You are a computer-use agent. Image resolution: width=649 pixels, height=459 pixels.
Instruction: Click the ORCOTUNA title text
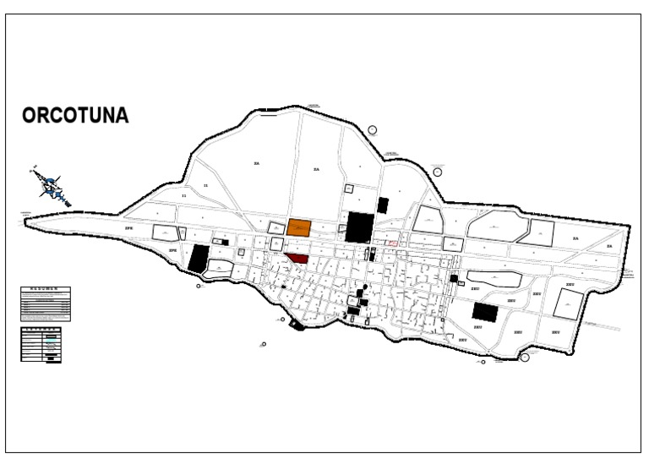tap(76, 117)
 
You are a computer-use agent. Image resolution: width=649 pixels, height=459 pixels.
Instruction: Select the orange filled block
tap(298, 227)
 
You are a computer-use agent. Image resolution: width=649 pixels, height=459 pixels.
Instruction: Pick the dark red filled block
tap(297, 259)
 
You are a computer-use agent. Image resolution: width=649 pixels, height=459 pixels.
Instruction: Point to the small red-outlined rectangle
tap(392, 243)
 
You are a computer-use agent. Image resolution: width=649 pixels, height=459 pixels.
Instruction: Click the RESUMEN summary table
tap(46, 304)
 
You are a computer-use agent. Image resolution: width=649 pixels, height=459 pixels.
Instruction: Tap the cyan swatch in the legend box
tap(52, 339)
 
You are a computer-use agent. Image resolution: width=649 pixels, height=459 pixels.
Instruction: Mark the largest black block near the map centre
tap(359, 227)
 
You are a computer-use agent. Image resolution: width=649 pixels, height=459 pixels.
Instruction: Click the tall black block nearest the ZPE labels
tap(199, 258)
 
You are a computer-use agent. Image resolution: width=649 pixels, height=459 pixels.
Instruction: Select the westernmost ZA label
tap(256, 162)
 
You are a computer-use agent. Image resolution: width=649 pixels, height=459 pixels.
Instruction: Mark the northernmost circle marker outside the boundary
tap(373, 130)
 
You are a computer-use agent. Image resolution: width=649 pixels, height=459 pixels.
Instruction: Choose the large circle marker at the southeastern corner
tap(526, 358)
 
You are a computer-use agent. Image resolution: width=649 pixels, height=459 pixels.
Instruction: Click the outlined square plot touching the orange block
tap(276, 227)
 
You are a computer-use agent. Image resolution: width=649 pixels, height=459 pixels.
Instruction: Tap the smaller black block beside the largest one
tap(383, 205)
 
